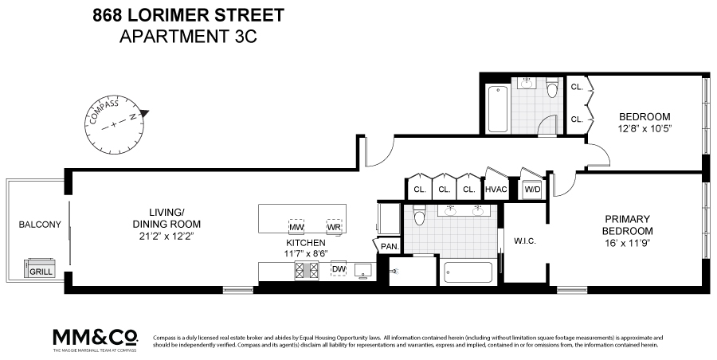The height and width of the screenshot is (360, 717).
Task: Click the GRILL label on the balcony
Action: click(40, 272)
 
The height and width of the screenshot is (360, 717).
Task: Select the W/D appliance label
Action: click(531, 190)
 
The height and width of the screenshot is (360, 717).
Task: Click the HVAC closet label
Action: click(496, 190)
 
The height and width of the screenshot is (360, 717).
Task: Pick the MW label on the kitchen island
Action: click(296, 226)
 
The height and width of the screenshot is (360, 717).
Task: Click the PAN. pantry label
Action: click(390, 248)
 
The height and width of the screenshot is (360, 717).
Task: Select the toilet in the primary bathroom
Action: click(420, 214)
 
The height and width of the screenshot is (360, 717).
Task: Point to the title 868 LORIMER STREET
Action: click(176, 15)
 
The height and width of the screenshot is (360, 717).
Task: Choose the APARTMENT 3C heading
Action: click(176, 36)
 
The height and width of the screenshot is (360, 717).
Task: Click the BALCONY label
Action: click(39, 225)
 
